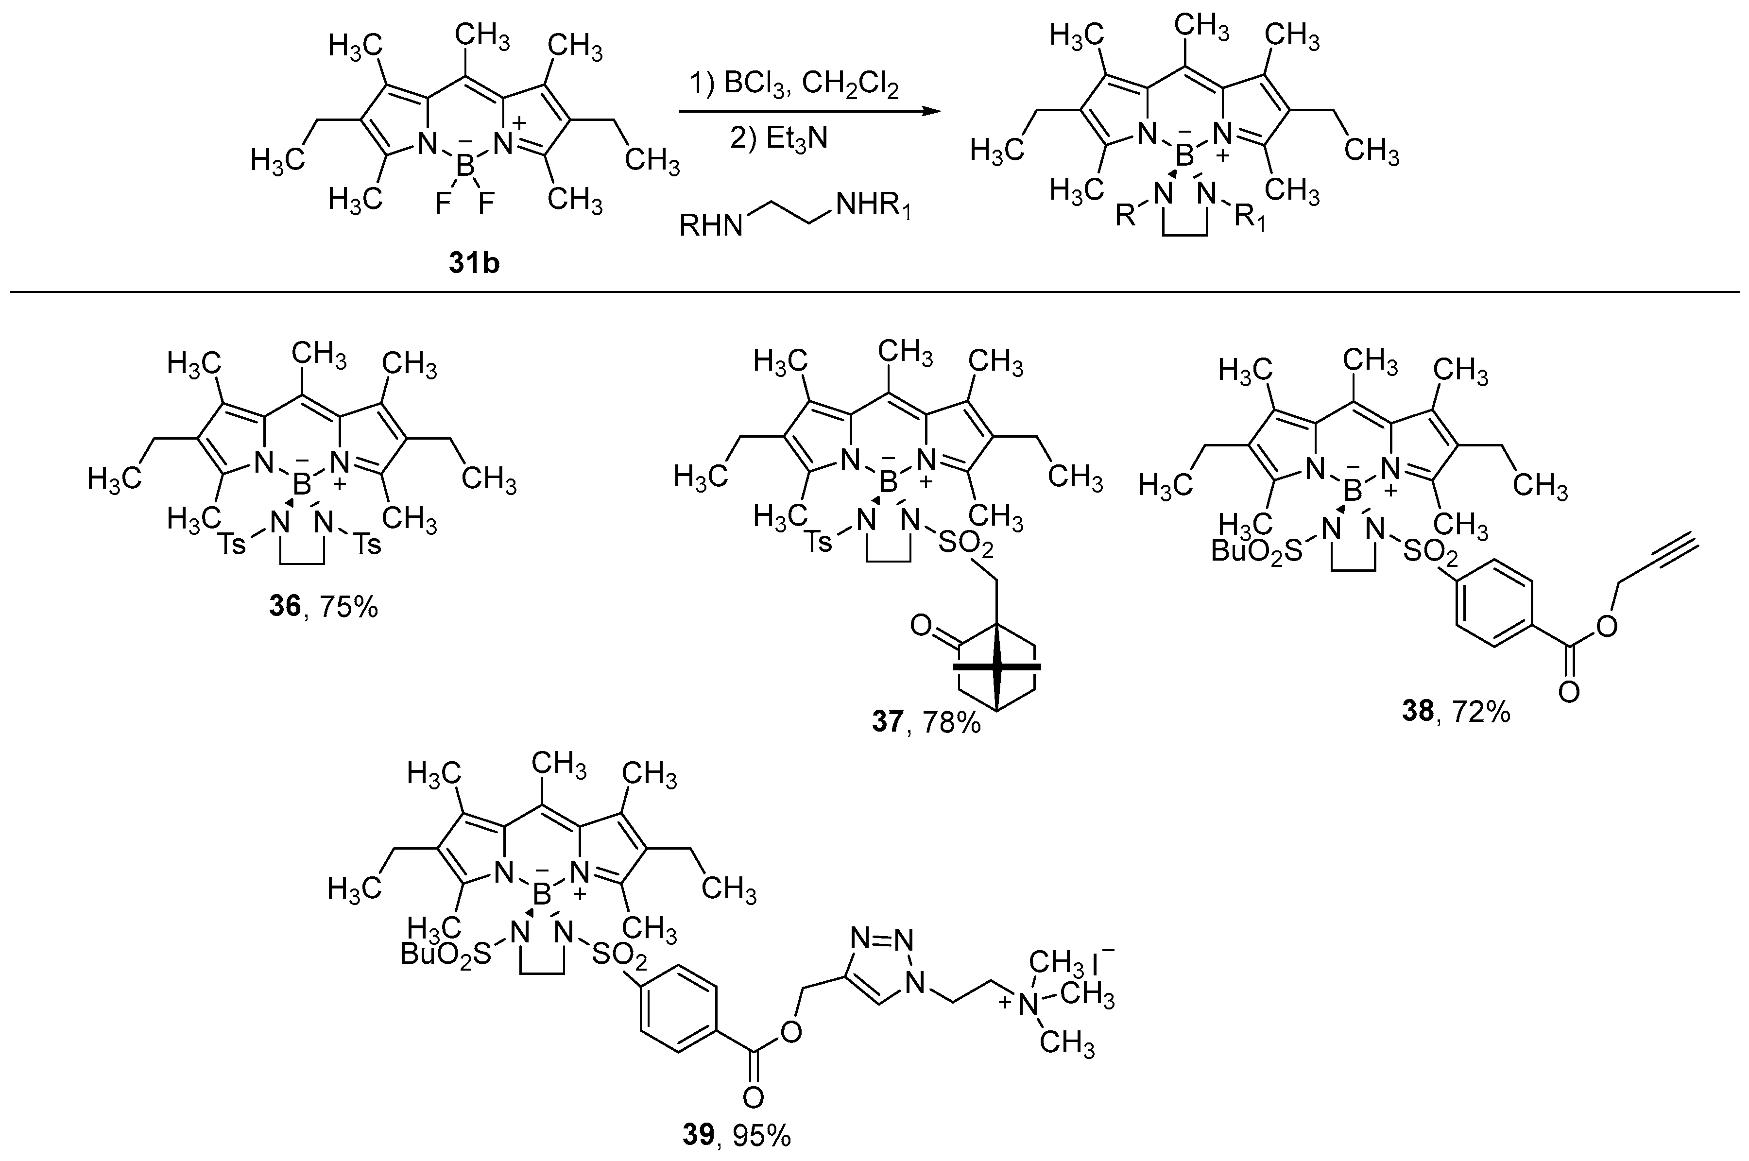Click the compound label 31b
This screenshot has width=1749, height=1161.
click(474, 263)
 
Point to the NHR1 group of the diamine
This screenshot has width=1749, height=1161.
click(872, 207)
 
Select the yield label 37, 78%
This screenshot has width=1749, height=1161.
click(926, 721)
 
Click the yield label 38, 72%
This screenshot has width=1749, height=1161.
click(1456, 712)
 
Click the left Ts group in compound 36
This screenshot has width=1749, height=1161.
click(233, 546)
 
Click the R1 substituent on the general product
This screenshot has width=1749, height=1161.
click(1251, 220)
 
